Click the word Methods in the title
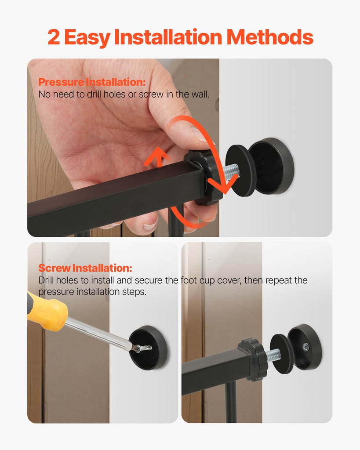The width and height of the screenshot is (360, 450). click(270, 37)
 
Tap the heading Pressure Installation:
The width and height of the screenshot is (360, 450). click(91, 82)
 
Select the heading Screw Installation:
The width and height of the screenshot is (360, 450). click(85, 268)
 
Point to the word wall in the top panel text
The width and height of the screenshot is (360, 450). click(200, 94)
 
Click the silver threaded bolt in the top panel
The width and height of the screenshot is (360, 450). click(231, 171)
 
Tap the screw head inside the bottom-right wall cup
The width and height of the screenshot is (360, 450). click(305, 347)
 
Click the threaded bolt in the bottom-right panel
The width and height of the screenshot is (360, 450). click(273, 355)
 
